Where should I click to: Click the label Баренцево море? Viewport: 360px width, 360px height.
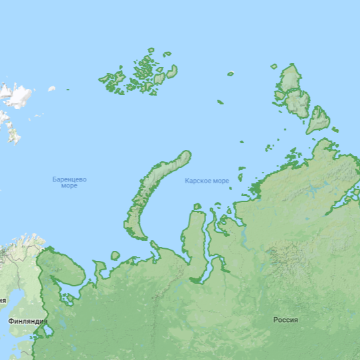69,182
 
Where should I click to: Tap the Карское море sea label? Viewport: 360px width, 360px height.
207,181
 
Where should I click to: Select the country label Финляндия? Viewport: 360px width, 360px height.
27,321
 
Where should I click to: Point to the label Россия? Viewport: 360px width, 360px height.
286,320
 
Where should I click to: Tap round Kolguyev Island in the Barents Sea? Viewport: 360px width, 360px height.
115,256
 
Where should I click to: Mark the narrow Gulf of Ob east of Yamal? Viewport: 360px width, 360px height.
208,251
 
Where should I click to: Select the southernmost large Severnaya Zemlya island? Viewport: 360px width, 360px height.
319,118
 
